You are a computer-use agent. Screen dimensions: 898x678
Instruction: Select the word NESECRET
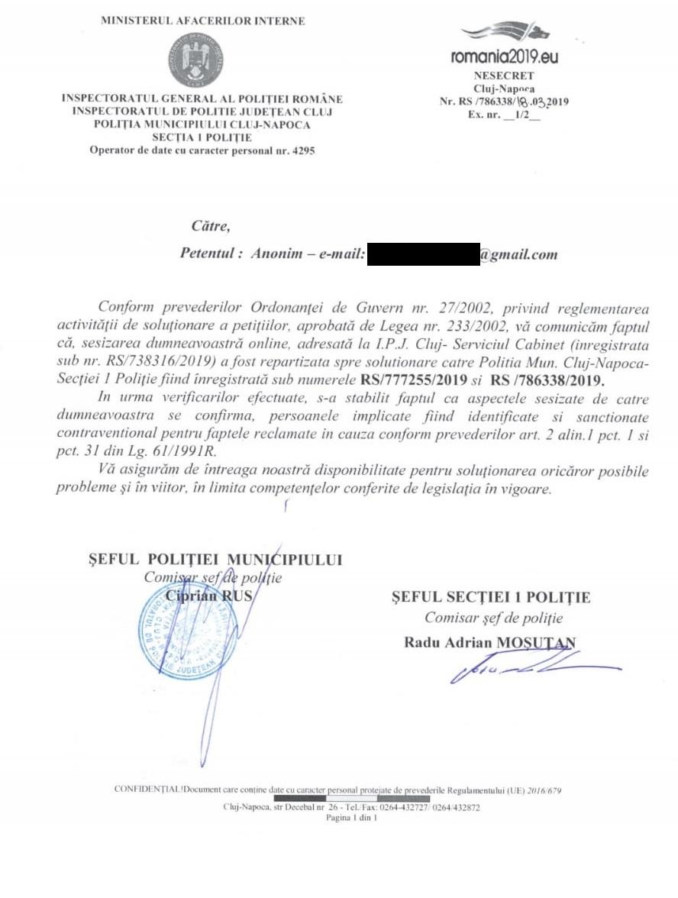(x=503, y=76)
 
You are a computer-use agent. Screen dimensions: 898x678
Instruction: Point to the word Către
(x=210, y=225)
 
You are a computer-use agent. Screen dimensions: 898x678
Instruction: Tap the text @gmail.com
(x=518, y=254)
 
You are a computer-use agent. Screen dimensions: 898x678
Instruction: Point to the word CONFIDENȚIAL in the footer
(x=148, y=789)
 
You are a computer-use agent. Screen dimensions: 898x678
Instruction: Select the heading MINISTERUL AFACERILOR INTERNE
(x=202, y=21)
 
